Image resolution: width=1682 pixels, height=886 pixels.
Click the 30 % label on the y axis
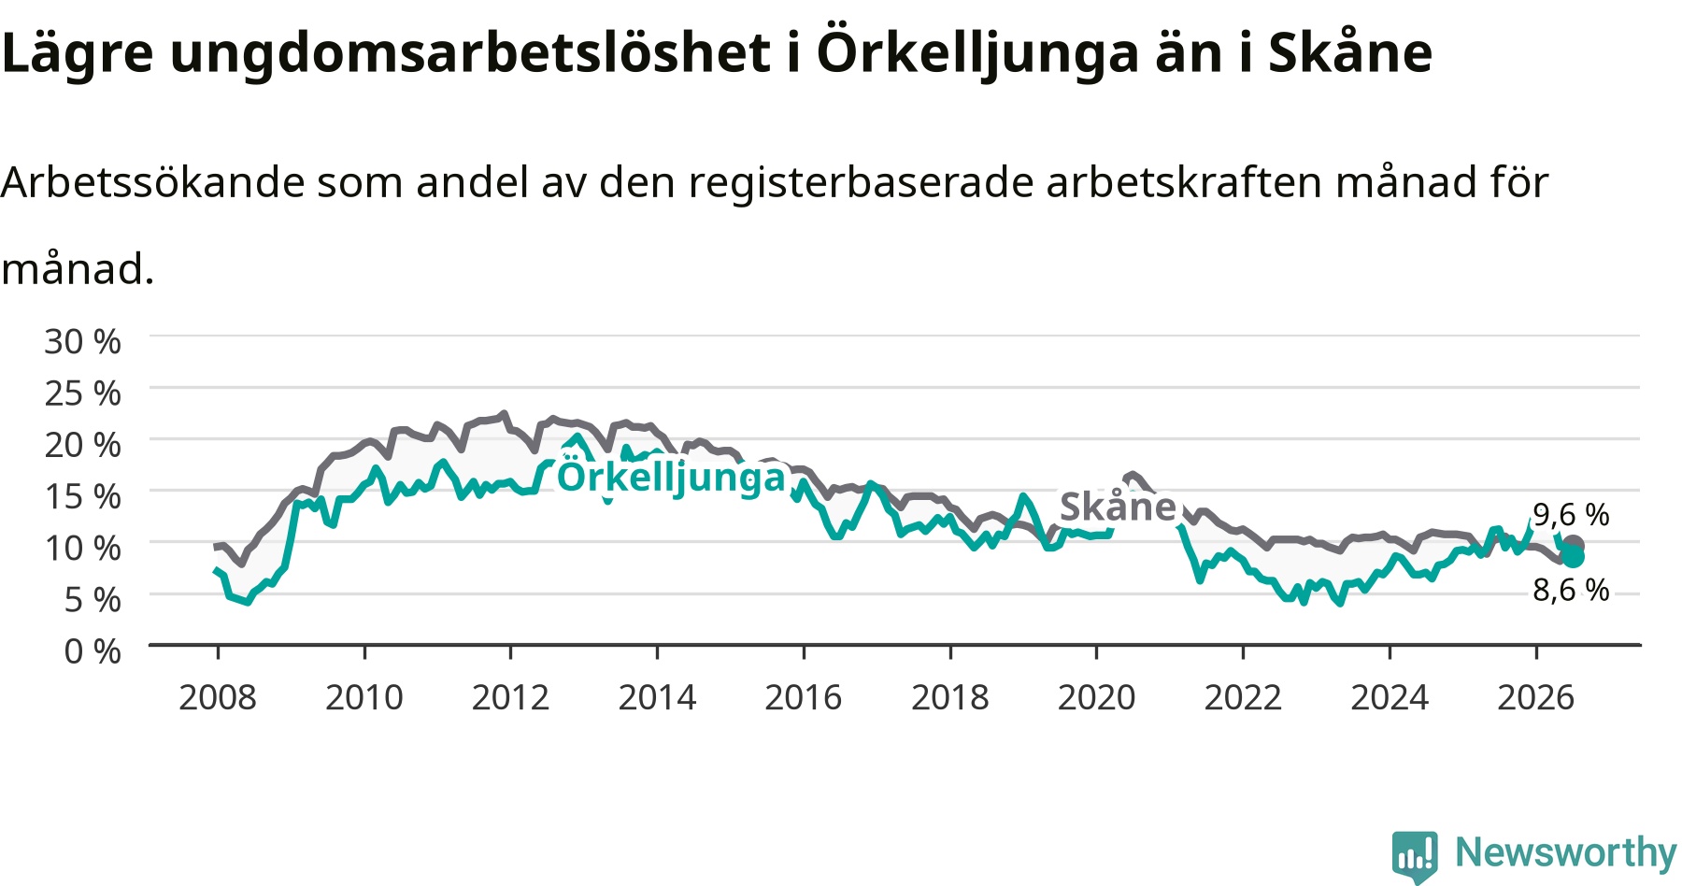click(x=83, y=342)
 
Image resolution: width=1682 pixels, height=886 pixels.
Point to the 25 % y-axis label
click(x=83, y=393)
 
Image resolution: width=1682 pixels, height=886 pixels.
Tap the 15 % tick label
click(x=83, y=496)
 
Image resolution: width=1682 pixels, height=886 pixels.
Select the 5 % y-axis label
click(x=93, y=599)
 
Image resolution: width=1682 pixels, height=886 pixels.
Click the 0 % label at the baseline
click(x=93, y=650)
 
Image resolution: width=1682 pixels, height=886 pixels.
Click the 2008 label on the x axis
click(x=218, y=697)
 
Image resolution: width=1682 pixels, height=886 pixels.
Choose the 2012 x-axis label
click(x=510, y=697)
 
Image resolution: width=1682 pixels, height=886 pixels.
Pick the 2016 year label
click(x=804, y=697)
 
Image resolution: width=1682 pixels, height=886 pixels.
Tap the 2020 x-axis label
click(x=1096, y=697)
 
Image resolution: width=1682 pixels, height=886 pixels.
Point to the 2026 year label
click(x=1536, y=697)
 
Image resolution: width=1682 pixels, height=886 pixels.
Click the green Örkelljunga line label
click(x=671, y=477)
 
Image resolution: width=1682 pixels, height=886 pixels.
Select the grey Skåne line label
click(x=1118, y=507)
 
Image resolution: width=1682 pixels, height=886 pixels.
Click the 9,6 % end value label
click(x=1571, y=514)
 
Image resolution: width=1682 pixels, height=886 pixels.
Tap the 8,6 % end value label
click(x=1571, y=590)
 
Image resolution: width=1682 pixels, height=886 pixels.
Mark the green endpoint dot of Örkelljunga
click(x=1574, y=557)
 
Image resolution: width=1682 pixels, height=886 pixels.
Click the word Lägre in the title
click(x=78, y=53)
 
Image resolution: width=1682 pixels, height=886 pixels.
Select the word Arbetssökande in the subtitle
click(x=153, y=182)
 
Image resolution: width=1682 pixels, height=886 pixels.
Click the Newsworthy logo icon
click(x=1415, y=856)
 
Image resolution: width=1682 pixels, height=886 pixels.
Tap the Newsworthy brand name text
click(x=1566, y=852)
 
